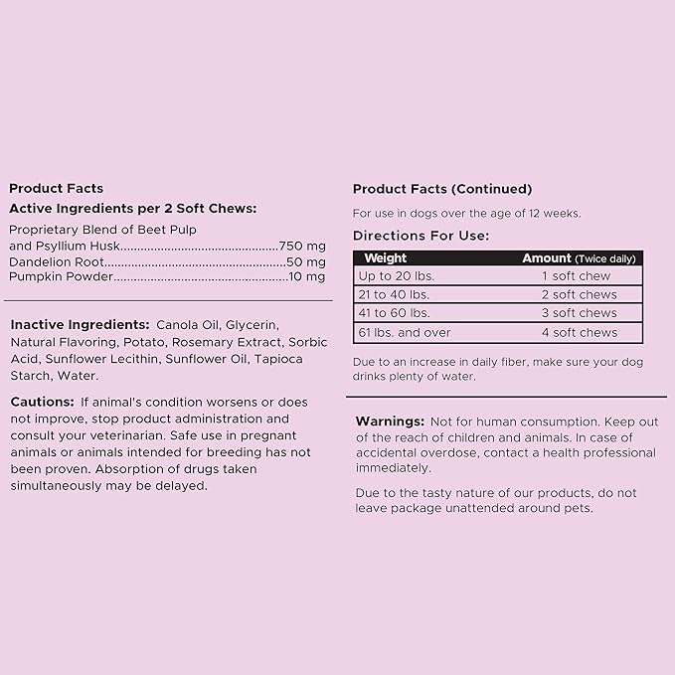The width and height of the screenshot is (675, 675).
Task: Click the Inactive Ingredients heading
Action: [80, 325]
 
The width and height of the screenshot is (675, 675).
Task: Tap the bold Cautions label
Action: [42, 402]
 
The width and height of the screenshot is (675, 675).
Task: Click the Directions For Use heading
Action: [421, 236]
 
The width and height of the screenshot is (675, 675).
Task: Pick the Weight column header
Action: [379, 258]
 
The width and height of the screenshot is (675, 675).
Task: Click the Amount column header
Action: [548, 258]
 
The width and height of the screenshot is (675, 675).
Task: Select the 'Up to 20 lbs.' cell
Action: [397, 275]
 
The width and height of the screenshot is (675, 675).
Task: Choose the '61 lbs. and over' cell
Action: [405, 332]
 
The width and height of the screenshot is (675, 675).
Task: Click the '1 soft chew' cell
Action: [576, 275]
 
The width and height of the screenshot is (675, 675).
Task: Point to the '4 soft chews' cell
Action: [579, 332]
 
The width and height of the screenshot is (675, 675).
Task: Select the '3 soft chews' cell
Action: [579, 313]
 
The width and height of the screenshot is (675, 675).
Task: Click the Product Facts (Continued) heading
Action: [442, 189]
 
